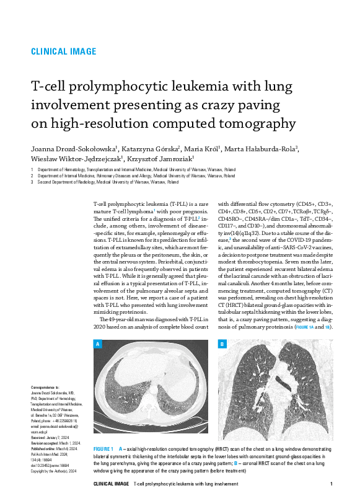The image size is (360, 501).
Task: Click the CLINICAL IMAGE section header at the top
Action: [63, 51]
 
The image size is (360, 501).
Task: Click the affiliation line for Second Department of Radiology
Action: [108, 183]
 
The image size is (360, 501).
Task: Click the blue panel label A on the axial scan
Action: [97, 344]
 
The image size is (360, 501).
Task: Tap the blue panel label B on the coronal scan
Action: [222, 344]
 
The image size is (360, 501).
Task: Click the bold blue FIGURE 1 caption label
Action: [103, 448]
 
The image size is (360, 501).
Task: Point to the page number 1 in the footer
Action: [332, 484]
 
